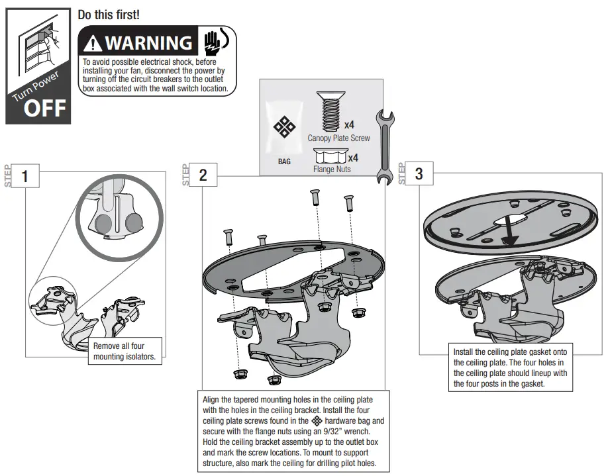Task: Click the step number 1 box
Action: pyautogui.click(x=25, y=177)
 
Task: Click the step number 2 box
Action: pyautogui.click(x=203, y=175)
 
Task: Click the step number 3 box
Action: pyautogui.click(x=419, y=174)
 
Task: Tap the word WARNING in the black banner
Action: pyautogui.click(x=148, y=43)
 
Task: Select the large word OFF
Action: pyautogui.click(x=45, y=108)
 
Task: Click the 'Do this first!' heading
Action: pyautogui.click(x=109, y=15)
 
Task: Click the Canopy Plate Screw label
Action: pyautogui.click(x=338, y=138)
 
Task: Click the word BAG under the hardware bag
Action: pyautogui.click(x=284, y=161)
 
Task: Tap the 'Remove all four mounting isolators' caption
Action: pyautogui.click(x=125, y=351)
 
